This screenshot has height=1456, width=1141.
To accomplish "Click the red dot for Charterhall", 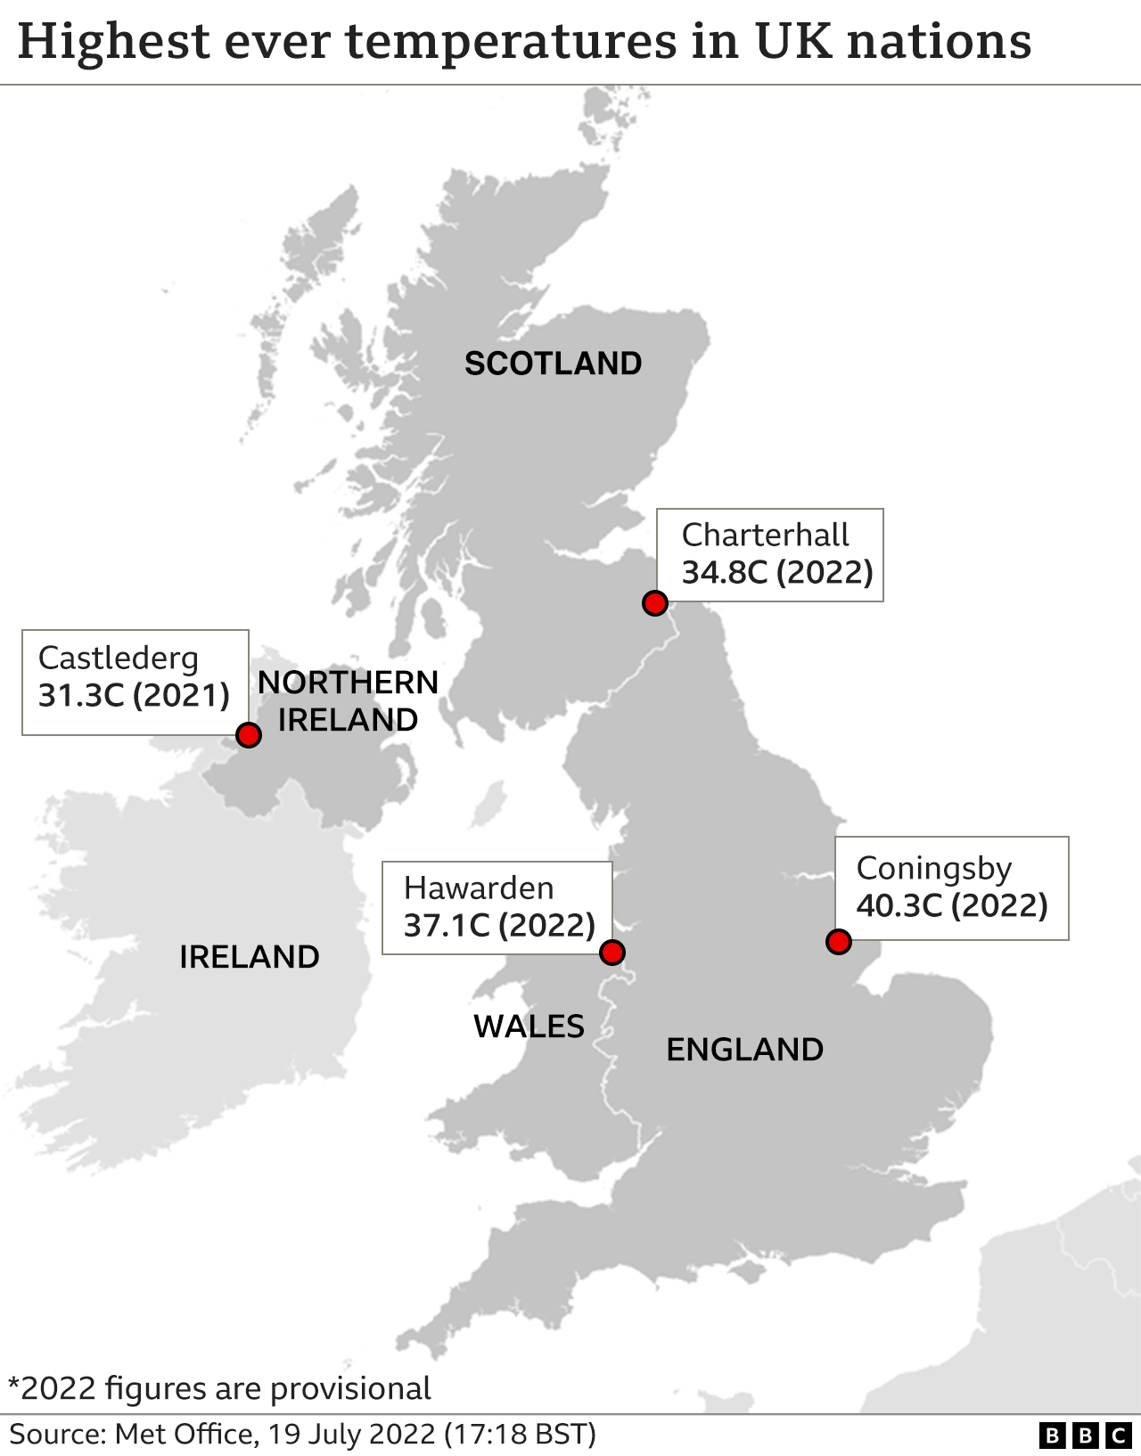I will pyautogui.click(x=655, y=603).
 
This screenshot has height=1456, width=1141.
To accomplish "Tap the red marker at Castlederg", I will pyautogui.click(x=249, y=735).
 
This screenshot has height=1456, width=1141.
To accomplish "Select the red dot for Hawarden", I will pyautogui.click(x=612, y=953).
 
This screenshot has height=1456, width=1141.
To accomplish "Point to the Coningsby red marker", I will pyautogui.click(x=839, y=942).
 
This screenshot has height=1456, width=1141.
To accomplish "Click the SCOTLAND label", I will pyautogui.click(x=553, y=364).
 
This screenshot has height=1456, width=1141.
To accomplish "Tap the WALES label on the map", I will pyautogui.click(x=529, y=1027).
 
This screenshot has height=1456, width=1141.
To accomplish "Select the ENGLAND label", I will pyautogui.click(x=744, y=1050).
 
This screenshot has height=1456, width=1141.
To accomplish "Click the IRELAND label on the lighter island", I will pyautogui.click(x=250, y=957).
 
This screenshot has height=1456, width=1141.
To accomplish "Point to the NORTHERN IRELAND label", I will pyautogui.click(x=348, y=701).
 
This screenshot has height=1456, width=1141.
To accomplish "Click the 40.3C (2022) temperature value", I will pyautogui.click(x=951, y=906).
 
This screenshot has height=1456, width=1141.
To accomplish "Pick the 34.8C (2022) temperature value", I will pyautogui.click(x=777, y=572).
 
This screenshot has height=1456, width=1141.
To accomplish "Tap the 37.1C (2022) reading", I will pyautogui.click(x=499, y=926).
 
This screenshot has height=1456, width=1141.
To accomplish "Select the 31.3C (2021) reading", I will pyautogui.click(x=134, y=695).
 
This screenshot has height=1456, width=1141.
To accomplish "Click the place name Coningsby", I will pyautogui.click(x=933, y=868).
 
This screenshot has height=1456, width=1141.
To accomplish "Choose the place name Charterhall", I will pyautogui.click(x=765, y=535).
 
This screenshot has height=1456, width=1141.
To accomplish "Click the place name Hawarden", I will pyautogui.click(x=479, y=888).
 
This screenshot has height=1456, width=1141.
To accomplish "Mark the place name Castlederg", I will pyautogui.click(x=119, y=658).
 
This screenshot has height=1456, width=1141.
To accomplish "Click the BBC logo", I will pyautogui.click(x=1085, y=1436).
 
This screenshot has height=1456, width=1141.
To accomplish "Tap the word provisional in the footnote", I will pyautogui.click(x=350, y=1388).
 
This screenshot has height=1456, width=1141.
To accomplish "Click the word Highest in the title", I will pyautogui.click(x=114, y=42).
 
